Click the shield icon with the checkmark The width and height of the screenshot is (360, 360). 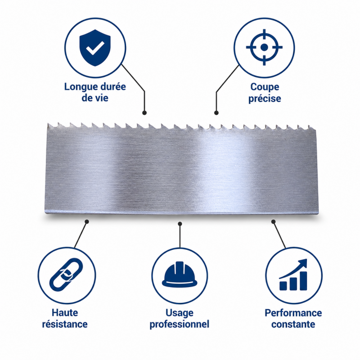click(x=95, y=48)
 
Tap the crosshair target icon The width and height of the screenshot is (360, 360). click(x=264, y=47)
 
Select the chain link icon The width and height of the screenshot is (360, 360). click(x=66, y=274)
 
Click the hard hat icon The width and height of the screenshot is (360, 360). click(x=180, y=274)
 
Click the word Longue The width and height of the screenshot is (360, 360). click(x=79, y=87)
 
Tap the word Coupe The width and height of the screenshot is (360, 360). click(x=265, y=87)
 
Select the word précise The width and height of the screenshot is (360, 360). click(x=265, y=99)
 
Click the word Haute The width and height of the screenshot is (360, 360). click(x=65, y=313)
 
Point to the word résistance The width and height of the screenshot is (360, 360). click(x=65, y=324)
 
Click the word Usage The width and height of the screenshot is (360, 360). click(x=180, y=313)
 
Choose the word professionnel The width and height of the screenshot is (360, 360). click(x=180, y=324)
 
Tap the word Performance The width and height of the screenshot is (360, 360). click(x=293, y=313)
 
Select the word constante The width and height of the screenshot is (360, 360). click(x=293, y=324)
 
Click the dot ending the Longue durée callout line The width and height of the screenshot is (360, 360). click(x=144, y=113)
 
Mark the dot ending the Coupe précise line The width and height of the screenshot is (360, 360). click(x=216, y=113)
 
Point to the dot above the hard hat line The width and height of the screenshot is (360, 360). click(x=180, y=224)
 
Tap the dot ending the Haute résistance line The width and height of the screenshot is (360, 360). click(x=87, y=221)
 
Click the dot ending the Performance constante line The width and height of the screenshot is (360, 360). click(x=274, y=221)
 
